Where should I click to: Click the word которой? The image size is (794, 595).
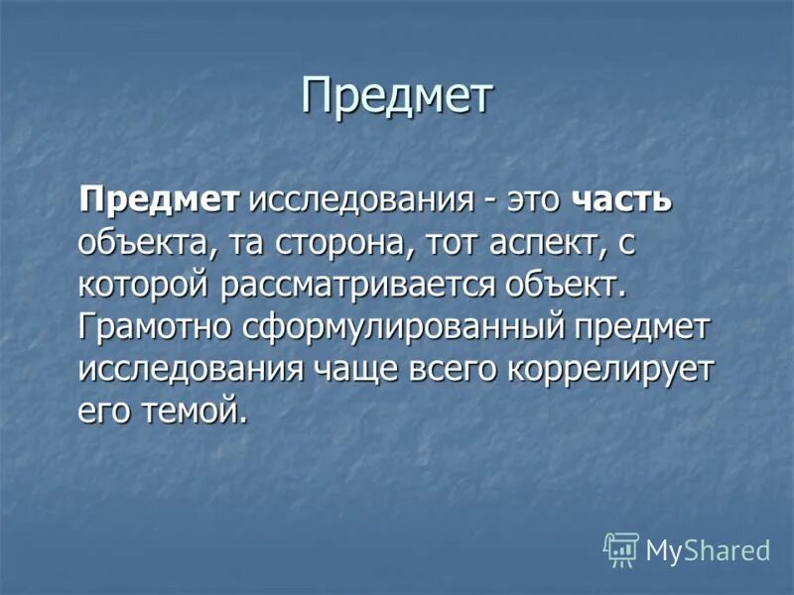coord(143,284)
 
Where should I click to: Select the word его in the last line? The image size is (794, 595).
coord(102,410)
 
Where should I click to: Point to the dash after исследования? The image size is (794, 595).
coord(489,199)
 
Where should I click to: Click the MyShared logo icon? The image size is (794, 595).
coord(621,549)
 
